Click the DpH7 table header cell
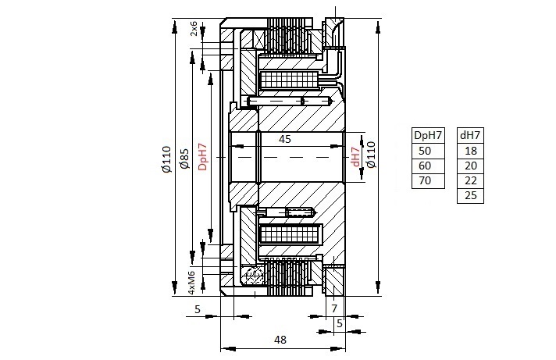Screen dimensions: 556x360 tap(428, 135)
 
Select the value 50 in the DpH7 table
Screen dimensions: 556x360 tap(425, 151)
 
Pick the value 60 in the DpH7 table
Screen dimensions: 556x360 tap(425, 166)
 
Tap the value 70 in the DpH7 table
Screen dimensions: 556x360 tap(425, 180)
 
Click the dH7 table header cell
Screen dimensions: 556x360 tap(470, 135)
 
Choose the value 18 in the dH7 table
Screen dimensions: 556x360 tap(471, 151)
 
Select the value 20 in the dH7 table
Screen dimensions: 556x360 tap(471, 166)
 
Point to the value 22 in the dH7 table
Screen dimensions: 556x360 tap(471, 180)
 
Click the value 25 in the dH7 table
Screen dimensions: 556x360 tap(471, 195)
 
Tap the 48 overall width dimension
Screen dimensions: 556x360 tap(280, 340)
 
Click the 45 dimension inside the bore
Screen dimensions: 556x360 tap(285, 139)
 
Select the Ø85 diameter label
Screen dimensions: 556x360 tap(184, 159)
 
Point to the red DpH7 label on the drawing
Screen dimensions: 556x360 tap(202, 157)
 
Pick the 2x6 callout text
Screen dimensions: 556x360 tap(194, 28)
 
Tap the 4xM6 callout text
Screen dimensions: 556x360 tap(191, 283)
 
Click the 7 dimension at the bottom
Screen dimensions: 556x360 tap(334, 308)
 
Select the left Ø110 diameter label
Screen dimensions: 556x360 tap(166, 159)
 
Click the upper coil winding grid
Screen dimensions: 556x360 tap(290, 80)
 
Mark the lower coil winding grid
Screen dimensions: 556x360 tap(290, 233)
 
